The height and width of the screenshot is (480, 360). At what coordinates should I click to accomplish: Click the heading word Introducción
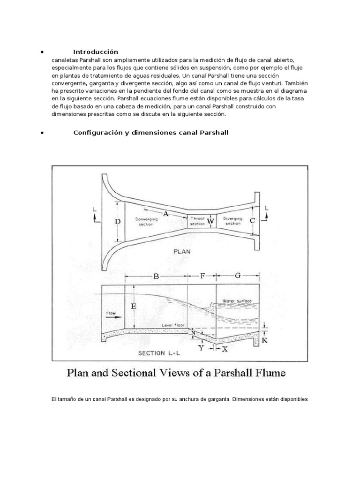(96, 52)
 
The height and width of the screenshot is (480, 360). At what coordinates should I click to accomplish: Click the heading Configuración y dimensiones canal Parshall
(150, 133)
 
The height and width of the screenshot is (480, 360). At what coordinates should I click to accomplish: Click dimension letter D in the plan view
(118, 221)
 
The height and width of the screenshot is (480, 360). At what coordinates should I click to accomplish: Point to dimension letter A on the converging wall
(165, 214)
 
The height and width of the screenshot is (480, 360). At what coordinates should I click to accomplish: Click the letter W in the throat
(210, 221)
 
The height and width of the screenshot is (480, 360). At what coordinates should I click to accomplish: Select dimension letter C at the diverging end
(253, 221)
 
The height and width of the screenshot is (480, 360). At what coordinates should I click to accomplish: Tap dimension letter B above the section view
(156, 277)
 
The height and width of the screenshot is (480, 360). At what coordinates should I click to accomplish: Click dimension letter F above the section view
(202, 276)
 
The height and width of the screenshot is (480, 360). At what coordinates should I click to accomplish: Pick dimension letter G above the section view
(238, 276)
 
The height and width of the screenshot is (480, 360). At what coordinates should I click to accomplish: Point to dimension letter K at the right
(264, 341)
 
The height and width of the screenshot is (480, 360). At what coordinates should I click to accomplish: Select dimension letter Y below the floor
(202, 348)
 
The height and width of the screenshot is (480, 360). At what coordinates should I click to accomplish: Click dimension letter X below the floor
(225, 349)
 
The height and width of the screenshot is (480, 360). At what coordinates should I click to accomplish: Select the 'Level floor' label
(172, 324)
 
